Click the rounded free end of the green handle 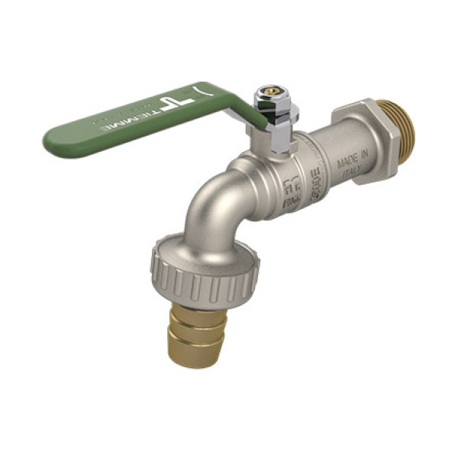click(x=56, y=142)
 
